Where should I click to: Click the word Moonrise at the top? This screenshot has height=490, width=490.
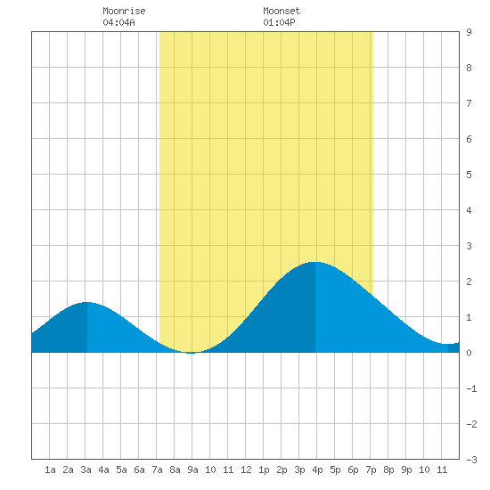(124, 11)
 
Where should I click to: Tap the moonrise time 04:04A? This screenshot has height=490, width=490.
(118, 22)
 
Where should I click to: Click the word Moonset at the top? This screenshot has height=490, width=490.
(282, 11)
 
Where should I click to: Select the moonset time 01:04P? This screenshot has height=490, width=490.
(279, 22)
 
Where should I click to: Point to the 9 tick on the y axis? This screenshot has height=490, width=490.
(469, 32)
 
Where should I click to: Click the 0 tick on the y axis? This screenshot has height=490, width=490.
(469, 353)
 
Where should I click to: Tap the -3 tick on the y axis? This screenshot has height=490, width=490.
(471, 460)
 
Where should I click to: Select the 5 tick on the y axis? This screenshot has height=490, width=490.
(469, 175)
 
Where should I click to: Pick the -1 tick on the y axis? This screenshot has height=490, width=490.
(471, 388)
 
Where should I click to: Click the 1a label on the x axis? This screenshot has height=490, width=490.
(50, 470)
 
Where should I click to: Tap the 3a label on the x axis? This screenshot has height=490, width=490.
(86, 470)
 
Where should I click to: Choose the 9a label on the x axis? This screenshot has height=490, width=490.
(192, 470)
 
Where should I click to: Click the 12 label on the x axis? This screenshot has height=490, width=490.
(246, 470)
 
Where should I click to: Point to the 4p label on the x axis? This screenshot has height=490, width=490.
(317, 470)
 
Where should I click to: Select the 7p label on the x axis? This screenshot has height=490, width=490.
(371, 470)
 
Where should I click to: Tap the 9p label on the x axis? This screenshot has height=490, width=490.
(406, 470)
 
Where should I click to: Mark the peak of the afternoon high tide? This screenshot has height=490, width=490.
(315, 262)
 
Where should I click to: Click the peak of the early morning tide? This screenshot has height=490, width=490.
(87, 302)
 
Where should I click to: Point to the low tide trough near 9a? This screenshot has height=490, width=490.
(191, 353)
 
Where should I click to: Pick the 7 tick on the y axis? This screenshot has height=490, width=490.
(469, 103)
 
